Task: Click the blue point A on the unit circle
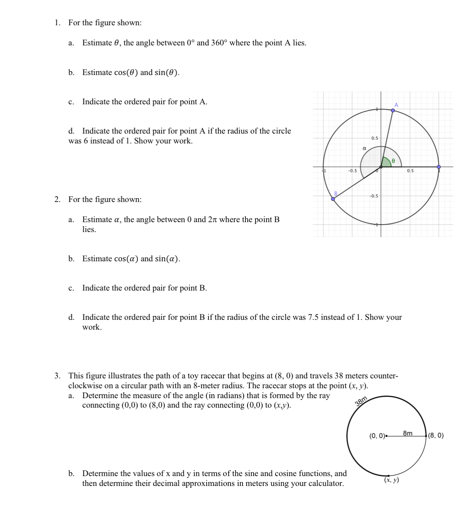(x=393, y=110)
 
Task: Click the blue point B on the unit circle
(x=333, y=199)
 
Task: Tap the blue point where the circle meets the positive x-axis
(x=439, y=167)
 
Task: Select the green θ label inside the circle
(x=393, y=161)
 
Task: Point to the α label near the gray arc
(x=364, y=148)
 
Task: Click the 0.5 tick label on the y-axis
(x=375, y=138)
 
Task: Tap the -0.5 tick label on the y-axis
(x=374, y=196)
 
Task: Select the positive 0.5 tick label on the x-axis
(x=410, y=171)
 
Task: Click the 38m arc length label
(x=361, y=401)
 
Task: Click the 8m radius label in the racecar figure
(x=408, y=433)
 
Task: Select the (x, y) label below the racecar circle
(x=392, y=480)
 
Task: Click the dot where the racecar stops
(x=388, y=475)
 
